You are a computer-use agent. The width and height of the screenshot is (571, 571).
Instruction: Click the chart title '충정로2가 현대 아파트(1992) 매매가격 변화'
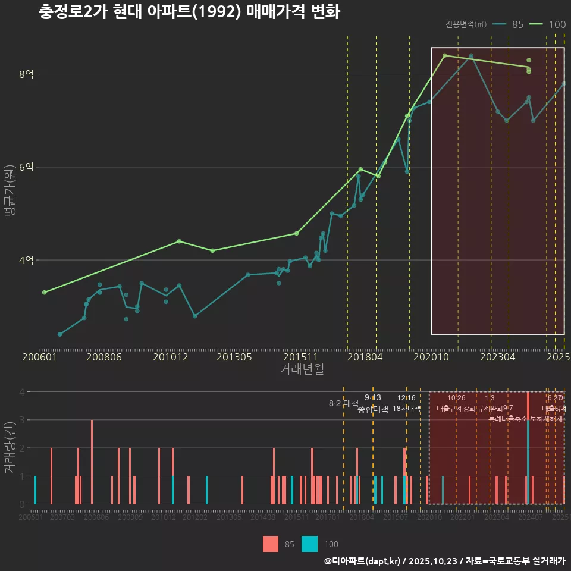[189, 12]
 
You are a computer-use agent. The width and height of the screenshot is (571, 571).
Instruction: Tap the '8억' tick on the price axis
[26, 74]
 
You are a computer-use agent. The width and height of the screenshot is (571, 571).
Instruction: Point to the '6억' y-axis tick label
[26, 167]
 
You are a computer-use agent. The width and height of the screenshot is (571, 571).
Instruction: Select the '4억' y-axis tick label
[26, 260]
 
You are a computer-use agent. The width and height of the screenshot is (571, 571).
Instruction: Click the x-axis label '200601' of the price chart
[39, 357]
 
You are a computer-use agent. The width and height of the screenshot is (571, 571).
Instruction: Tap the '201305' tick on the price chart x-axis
[234, 357]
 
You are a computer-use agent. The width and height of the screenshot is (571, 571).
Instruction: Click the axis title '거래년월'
[302, 369]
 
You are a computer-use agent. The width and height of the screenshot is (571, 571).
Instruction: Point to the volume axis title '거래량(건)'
[10, 447]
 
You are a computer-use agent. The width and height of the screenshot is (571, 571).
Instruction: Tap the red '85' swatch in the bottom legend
[271, 544]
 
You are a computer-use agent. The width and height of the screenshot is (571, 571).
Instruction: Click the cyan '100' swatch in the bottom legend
[309, 544]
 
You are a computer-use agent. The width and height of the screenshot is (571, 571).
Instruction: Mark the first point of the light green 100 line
[44, 292]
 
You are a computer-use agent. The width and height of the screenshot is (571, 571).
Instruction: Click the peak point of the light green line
[445, 55]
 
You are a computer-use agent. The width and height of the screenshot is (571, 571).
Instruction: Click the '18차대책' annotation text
[407, 409]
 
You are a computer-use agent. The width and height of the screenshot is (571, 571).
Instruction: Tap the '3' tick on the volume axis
[23, 420]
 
